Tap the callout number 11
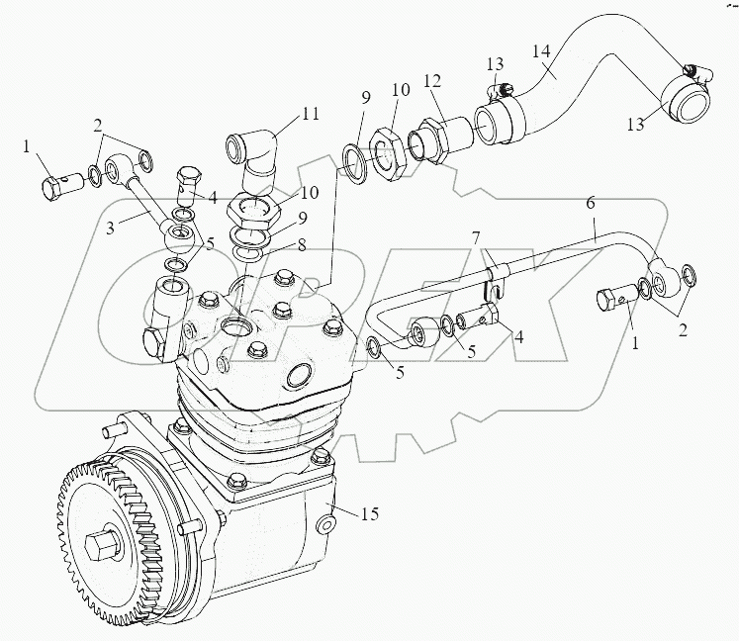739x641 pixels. (x=310, y=114)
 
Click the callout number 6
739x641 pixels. (x=591, y=204)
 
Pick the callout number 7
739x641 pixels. (x=475, y=240)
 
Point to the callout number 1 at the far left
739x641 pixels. (x=28, y=148)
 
